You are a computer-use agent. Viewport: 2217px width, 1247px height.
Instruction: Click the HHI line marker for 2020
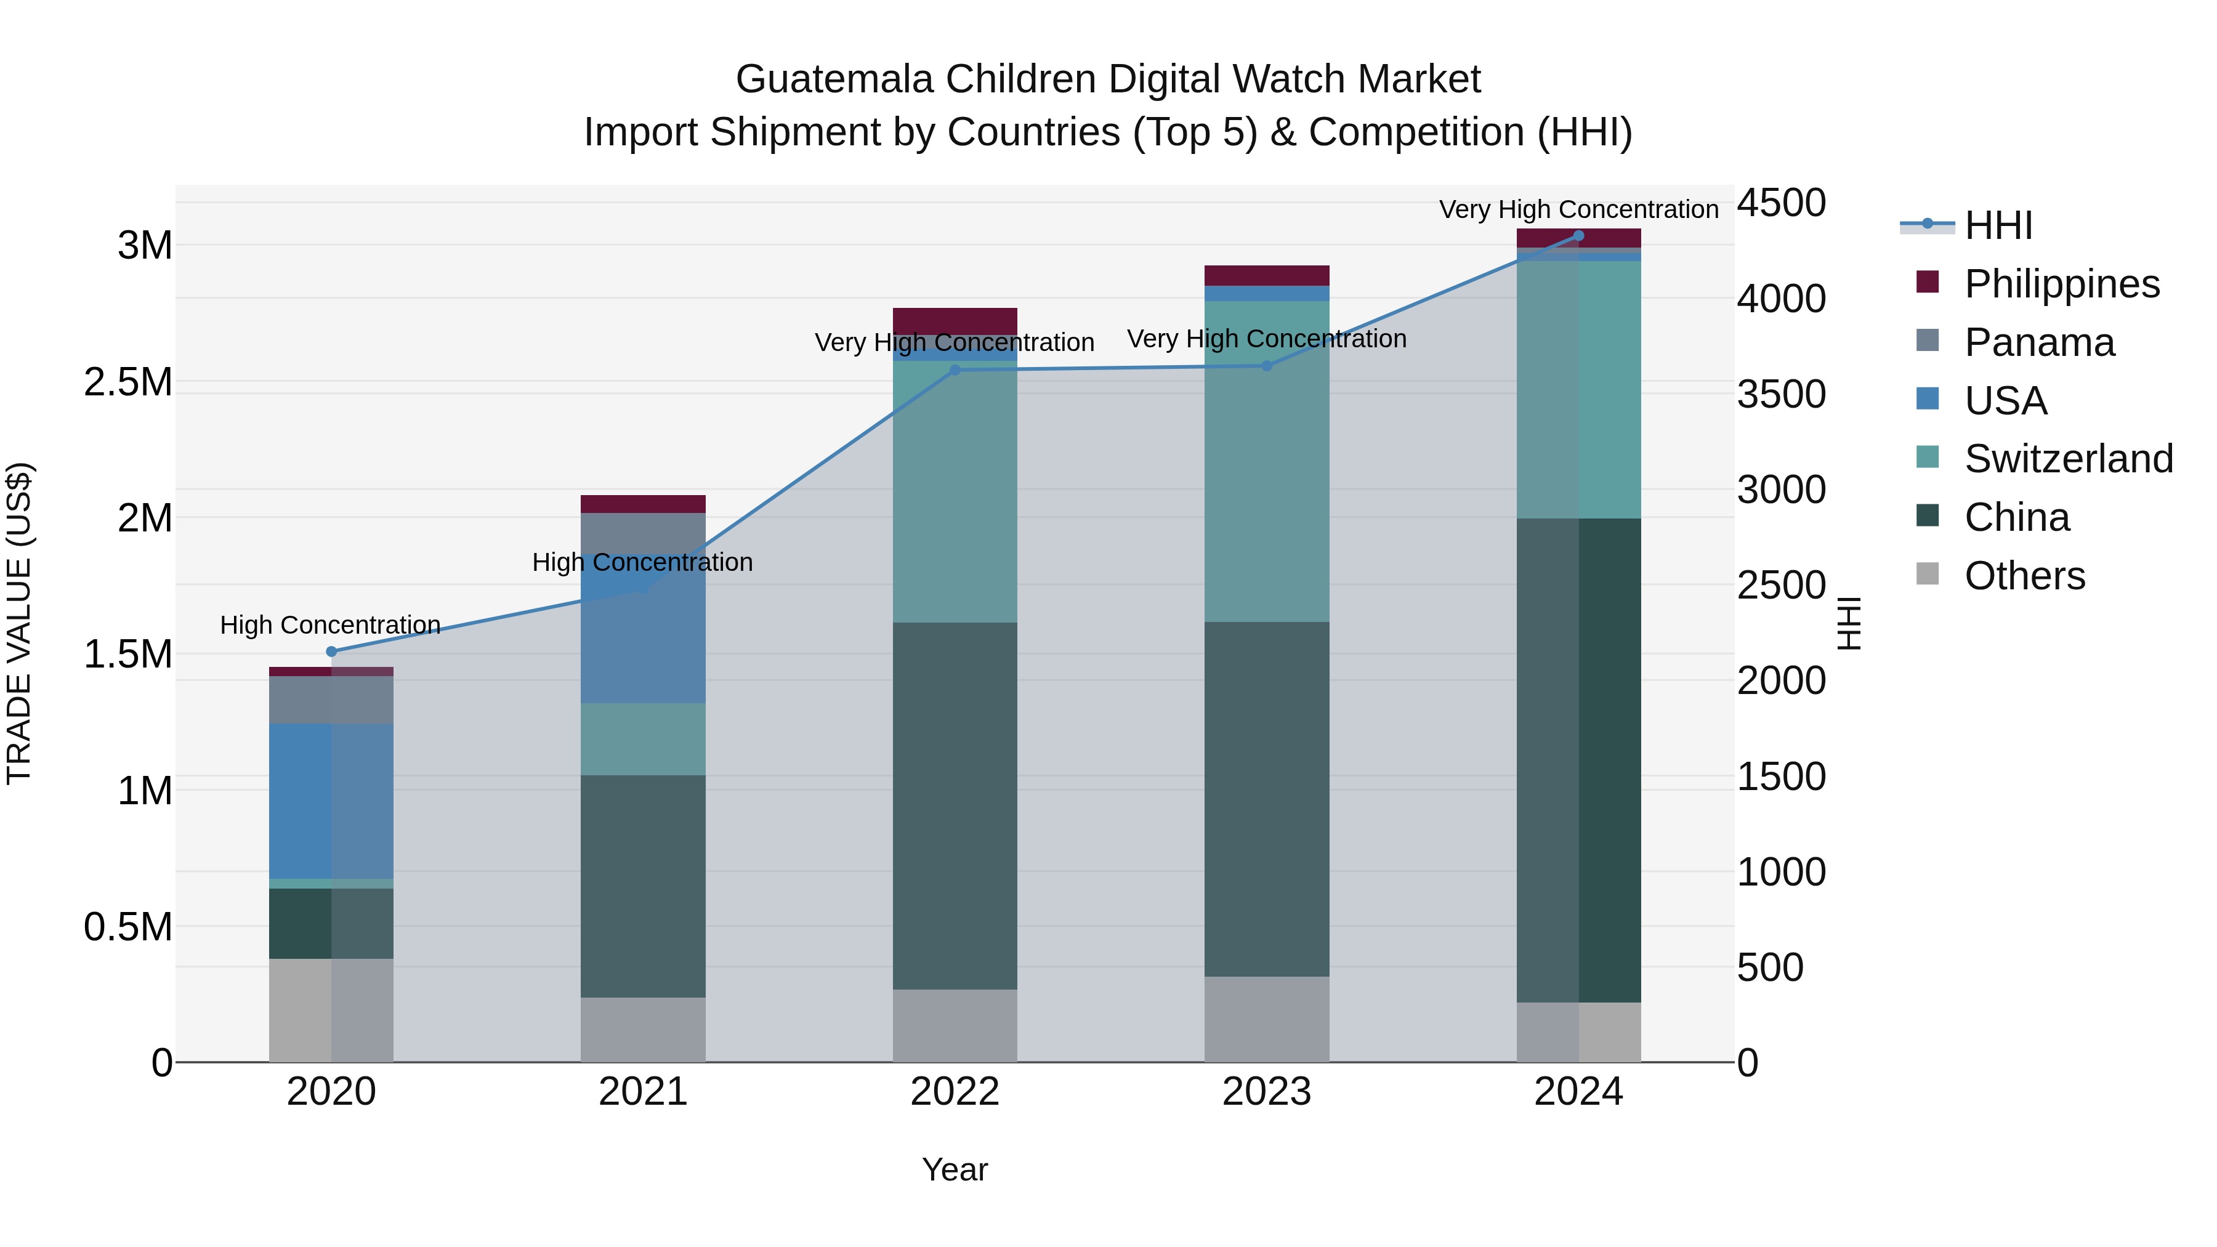(331, 652)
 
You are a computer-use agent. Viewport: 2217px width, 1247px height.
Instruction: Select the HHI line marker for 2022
(955, 370)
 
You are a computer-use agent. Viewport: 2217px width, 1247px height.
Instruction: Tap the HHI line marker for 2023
(1266, 366)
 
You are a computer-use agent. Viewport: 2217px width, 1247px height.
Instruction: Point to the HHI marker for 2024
(1578, 236)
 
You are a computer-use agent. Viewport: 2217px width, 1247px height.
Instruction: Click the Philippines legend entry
(2061, 284)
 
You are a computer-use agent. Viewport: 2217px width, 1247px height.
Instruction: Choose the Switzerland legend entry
(2068, 459)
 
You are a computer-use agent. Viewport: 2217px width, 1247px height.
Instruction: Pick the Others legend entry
(2024, 576)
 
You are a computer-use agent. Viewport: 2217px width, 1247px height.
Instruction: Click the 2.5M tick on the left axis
(128, 382)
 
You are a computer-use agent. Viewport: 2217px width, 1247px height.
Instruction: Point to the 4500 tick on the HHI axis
(1780, 204)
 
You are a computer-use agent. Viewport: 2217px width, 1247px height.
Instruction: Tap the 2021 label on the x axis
(643, 1092)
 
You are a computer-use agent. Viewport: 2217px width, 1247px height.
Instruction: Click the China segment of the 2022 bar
(955, 805)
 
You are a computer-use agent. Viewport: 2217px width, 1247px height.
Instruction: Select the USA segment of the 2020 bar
(331, 801)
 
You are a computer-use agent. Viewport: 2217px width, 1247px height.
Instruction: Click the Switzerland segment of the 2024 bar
(1578, 389)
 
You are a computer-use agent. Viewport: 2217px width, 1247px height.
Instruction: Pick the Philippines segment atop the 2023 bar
(1266, 275)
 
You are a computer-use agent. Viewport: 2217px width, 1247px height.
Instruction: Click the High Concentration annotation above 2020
(331, 625)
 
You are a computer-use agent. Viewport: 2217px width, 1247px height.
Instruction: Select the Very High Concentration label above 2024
(1578, 209)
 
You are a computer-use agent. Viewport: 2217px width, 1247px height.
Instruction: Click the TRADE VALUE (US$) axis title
(19, 623)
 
